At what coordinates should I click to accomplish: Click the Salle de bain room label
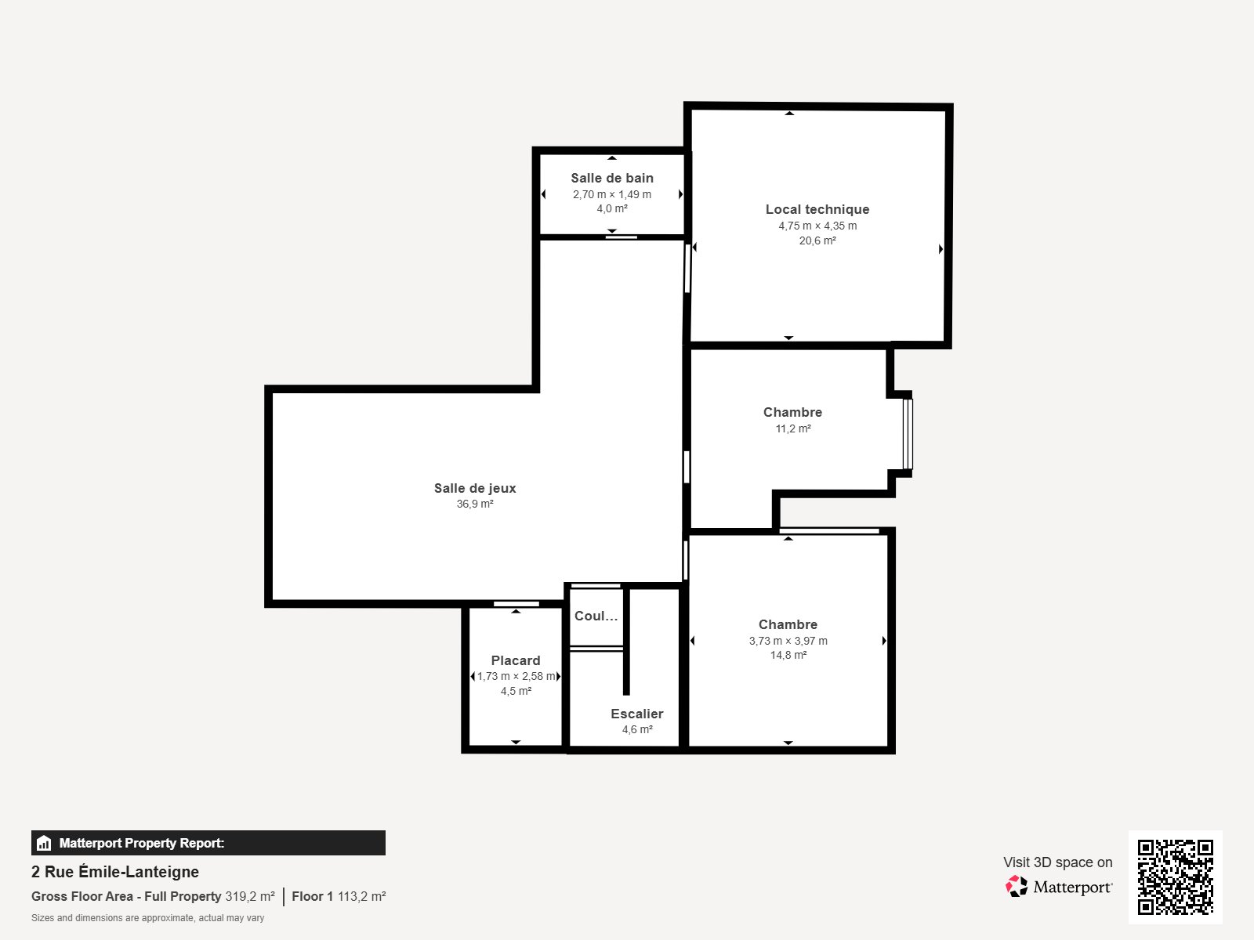pyautogui.click(x=612, y=178)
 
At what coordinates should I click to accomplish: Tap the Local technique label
pyautogui.click(x=817, y=209)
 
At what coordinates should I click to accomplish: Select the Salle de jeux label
pyautogui.click(x=475, y=488)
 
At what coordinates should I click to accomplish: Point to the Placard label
pyautogui.click(x=516, y=660)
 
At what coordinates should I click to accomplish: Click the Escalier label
pyautogui.click(x=637, y=714)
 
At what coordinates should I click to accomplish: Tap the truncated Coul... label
pyautogui.click(x=596, y=616)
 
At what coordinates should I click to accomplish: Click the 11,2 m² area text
pyautogui.click(x=793, y=428)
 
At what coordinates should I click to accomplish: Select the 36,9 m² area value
pyautogui.click(x=475, y=504)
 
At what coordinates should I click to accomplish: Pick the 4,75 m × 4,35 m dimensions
pyautogui.click(x=817, y=226)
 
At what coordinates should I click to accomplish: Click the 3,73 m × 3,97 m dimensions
pyautogui.click(x=788, y=641)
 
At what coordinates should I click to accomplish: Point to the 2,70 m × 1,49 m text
pyautogui.click(x=612, y=194)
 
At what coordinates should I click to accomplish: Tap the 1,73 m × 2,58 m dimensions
pyautogui.click(x=516, y=676)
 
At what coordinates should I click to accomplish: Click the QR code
pyautogui.click(x=1175, y=877)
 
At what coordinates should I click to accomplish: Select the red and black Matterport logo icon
pyautogui.click(x=1017, y=887)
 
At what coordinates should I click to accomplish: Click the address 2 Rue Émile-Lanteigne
pyautogui.click(x=115, y=872)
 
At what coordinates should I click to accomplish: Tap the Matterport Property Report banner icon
pyautogui.click(x=44, y=843)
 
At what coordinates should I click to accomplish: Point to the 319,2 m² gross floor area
pyautogui.click(x=250, y=896)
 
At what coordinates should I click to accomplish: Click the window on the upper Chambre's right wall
pyautogui.click(x=908, y=434)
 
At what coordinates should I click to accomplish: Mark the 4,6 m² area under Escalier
pyautogui.click(x=637, y=729)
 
